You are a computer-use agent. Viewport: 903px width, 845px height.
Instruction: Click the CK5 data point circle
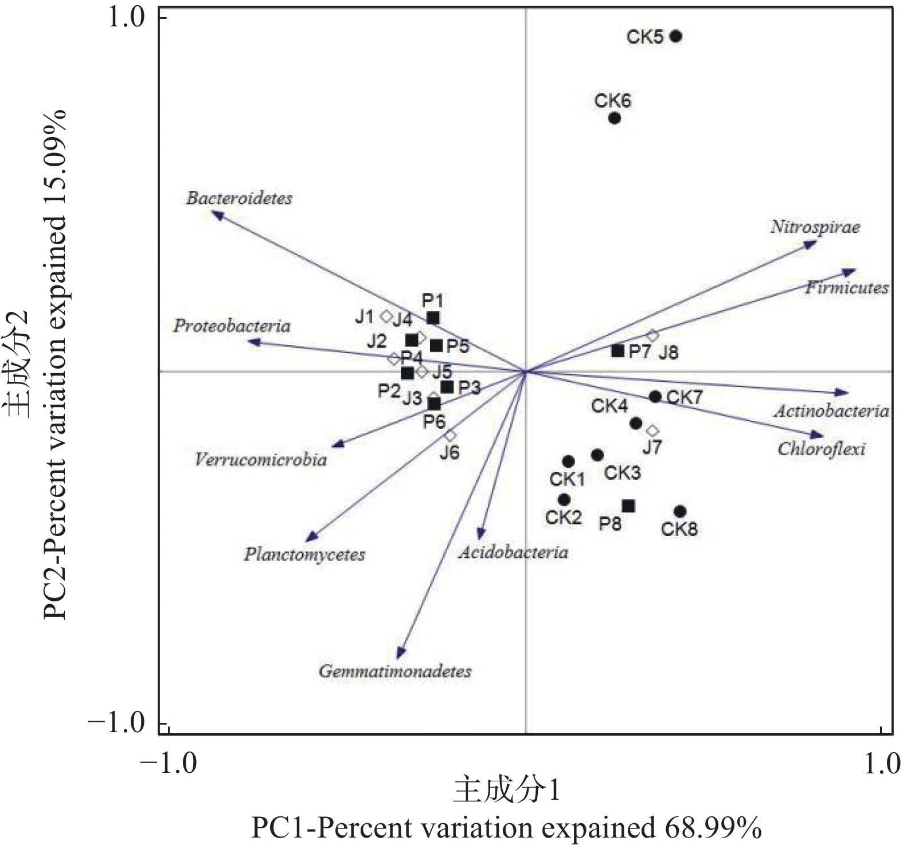point(676,37)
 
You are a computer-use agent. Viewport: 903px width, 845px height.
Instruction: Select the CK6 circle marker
point(615,119)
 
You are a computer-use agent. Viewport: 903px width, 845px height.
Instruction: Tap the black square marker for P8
point(628,506)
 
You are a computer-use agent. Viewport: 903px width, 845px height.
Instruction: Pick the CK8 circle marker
point(680,511)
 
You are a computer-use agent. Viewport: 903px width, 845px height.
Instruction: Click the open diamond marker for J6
point(450,436)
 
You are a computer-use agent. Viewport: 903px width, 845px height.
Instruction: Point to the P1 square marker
point(433,318)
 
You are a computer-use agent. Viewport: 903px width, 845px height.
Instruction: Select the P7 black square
point(617,350)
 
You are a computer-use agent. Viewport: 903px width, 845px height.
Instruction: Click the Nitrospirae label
point(815,227)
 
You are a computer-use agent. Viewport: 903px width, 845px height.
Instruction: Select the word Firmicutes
point(846,288)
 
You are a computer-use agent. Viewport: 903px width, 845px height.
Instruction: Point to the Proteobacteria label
point(232,326)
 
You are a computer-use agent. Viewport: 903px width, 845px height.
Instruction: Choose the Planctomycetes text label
point(304,554)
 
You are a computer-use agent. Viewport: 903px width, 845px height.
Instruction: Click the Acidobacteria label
point(513,552)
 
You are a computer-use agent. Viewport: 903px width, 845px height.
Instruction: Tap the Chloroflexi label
point(821,448)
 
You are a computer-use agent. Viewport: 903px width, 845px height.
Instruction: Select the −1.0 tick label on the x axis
point(170,764)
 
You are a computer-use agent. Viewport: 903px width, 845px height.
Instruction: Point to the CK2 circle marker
point(564,500)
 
